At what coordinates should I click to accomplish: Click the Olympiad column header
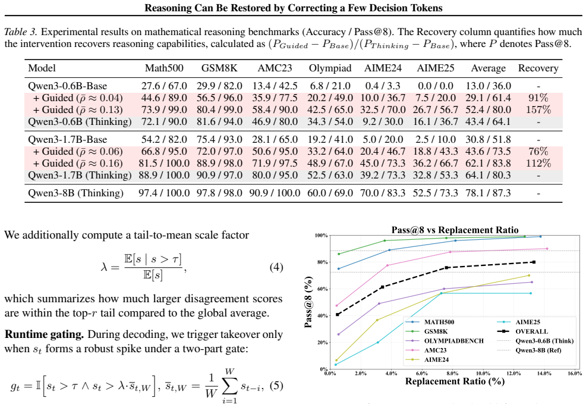[x=330, y=68]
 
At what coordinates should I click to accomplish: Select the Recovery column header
[x=538, y=68]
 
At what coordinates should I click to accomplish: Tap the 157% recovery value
[x=538, y=109]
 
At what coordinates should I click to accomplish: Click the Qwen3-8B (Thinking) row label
[x=75, y=193]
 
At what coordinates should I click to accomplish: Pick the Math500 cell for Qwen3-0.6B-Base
[x=164, y=86]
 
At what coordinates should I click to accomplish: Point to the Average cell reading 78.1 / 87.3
[x=488, y=193]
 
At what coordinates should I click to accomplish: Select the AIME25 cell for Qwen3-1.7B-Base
[x=436, y=140]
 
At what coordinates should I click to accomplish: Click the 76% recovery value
[x=538, y=152]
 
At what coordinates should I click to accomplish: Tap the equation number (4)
[x=276, y=267]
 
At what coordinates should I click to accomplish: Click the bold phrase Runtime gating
[x=44, y=334]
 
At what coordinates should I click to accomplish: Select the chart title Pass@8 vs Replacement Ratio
[x=455, y=230]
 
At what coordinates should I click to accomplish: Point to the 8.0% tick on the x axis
[x=452, y=373]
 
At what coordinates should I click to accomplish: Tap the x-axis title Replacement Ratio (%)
[x=455, y=381]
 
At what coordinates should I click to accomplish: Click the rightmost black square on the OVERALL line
[x=534, y=262]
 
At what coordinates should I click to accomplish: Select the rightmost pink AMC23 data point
[x=547, y=249]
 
